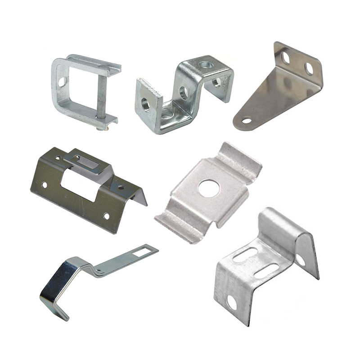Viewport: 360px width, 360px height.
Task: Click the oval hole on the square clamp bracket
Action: point(62,82)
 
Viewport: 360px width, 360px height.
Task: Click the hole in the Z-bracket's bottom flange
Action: point(167,115)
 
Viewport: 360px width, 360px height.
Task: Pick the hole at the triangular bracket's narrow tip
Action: point(246,121)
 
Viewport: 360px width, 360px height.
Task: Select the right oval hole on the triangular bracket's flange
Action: point(309,68)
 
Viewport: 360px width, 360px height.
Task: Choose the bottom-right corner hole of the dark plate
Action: point(106,216)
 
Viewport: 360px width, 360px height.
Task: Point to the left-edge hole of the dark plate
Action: point(44,184)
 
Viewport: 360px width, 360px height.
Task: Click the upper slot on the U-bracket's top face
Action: point(245,255)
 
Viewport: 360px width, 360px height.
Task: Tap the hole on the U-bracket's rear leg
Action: point(300,260)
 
